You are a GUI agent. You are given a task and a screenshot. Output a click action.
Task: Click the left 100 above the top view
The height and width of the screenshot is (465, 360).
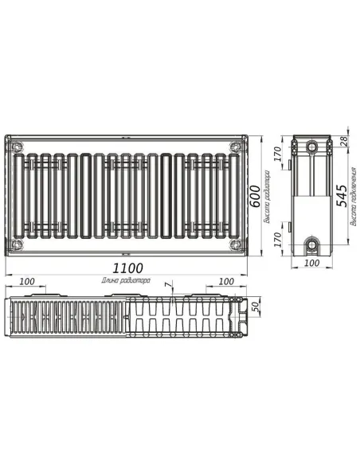26,281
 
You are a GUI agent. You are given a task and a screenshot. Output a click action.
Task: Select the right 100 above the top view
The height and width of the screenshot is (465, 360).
225,281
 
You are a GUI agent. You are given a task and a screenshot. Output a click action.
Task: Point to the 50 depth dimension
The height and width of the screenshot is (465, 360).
256,307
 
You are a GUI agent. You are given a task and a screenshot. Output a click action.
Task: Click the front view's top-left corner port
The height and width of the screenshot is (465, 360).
18,147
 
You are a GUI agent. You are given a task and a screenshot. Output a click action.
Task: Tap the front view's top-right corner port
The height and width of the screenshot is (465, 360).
234,147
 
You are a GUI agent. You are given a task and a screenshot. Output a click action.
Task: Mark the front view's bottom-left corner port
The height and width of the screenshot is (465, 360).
18,244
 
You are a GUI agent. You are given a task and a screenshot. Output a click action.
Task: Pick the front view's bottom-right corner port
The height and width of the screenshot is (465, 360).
234,244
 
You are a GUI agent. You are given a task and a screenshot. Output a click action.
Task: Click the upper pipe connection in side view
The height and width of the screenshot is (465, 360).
312,147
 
